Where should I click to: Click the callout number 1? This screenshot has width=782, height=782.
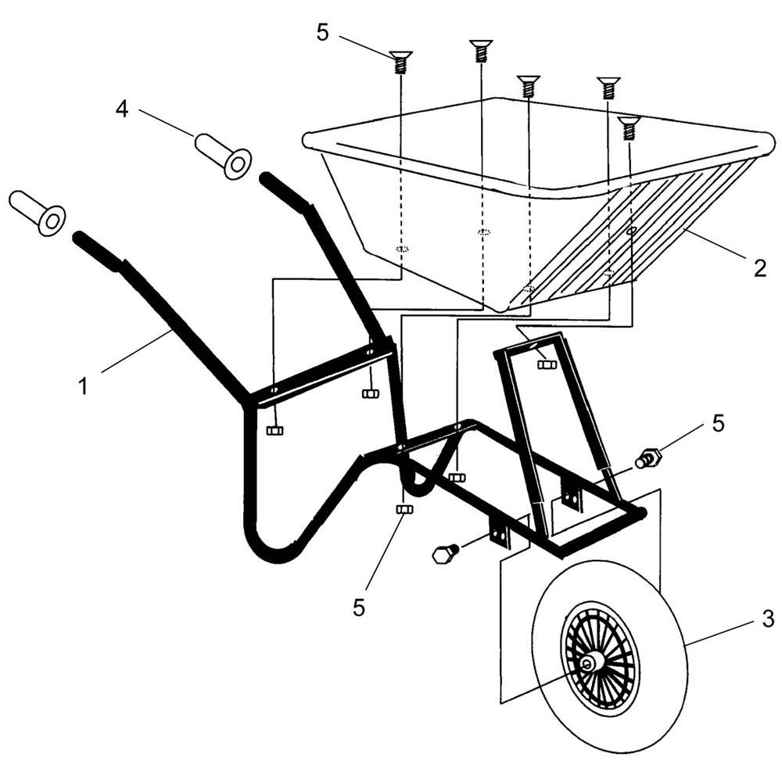[84, 386]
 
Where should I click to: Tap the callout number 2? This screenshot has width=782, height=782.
[759, 269]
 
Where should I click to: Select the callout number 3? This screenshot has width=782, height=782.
[768, 619]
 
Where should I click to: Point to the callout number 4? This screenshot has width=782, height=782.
[122, 109]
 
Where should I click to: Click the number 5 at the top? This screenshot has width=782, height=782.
[323, 33]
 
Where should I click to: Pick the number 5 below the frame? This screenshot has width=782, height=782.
[359, 608]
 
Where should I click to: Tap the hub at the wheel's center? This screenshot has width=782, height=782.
[589, 663]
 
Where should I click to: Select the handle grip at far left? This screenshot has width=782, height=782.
[38, 213]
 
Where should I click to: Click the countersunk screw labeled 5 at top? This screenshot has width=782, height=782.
[400, 62]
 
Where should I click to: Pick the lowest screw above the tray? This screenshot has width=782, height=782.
[630, 128]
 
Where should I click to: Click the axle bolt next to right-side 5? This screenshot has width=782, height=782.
[647, 457]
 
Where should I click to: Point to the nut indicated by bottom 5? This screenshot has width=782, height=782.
[404, 509]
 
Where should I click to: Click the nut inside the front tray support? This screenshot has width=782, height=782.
[547, 364]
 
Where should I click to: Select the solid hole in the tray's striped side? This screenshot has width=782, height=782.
[632, 231]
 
